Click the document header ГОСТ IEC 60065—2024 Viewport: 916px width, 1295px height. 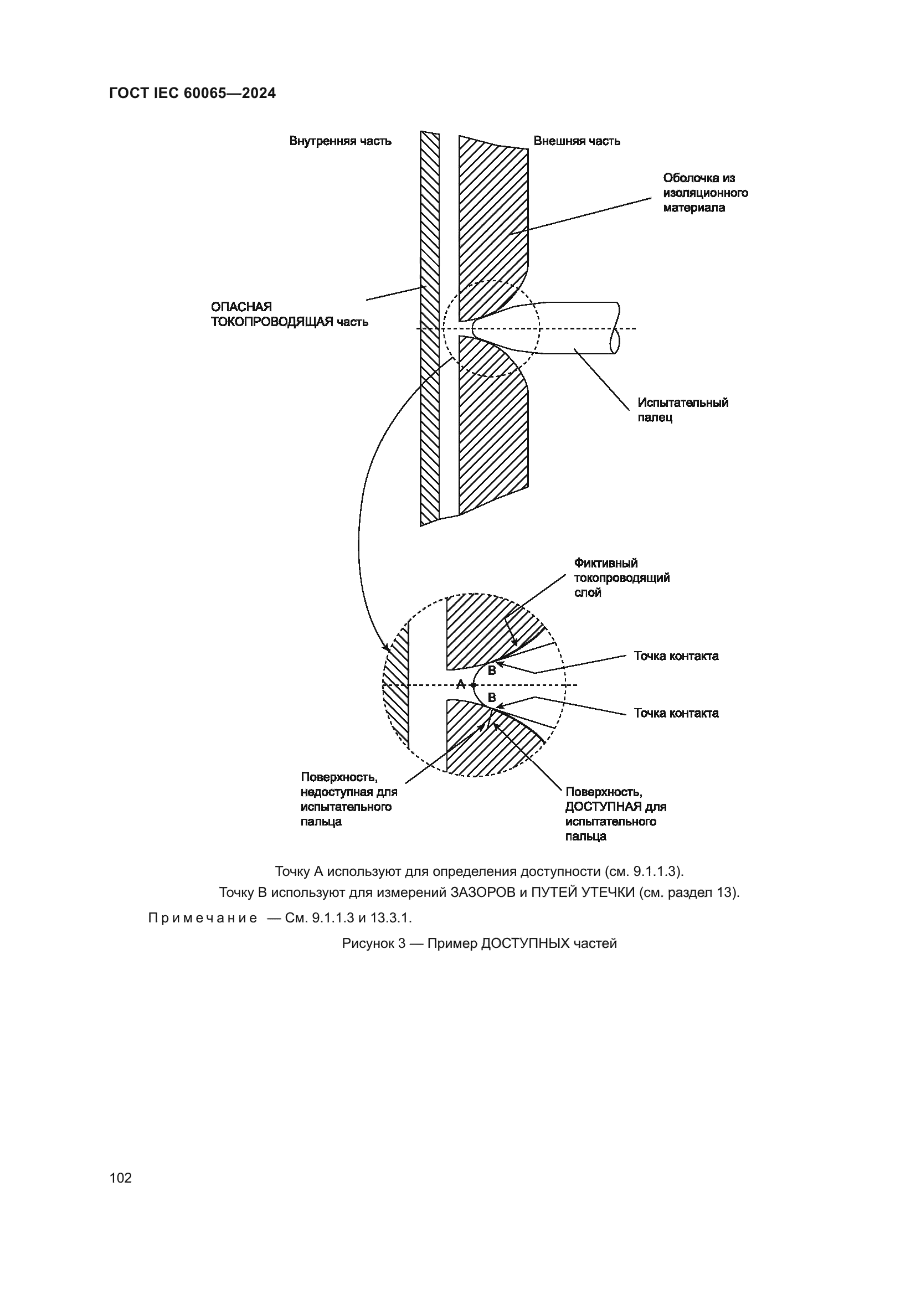tap(192, 94)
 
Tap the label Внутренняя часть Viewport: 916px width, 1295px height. tap(340, 141)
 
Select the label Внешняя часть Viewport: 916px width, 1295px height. tap(577, 141)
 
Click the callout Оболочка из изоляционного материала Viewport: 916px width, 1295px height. tap(705, 193)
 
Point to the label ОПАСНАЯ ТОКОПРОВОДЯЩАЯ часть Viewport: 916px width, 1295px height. tap(289, 314)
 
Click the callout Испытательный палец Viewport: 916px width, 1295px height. tap(682, 410)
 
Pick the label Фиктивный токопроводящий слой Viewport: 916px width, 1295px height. tap(621, 578)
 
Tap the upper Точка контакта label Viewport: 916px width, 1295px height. tap(676, 656)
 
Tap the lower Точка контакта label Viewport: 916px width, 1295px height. tap(676, 713)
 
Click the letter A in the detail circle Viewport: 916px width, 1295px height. tap(460, 685)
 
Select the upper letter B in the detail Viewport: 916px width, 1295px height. tap(491, 671)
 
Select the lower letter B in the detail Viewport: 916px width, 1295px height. tap(491, 698)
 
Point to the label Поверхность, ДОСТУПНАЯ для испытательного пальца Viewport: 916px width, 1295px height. tap(615, 814)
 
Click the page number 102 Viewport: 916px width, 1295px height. tap(121, 1178)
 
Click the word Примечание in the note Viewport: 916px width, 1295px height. tap(203, 918)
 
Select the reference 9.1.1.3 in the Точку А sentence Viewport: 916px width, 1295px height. tap(653, 871)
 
